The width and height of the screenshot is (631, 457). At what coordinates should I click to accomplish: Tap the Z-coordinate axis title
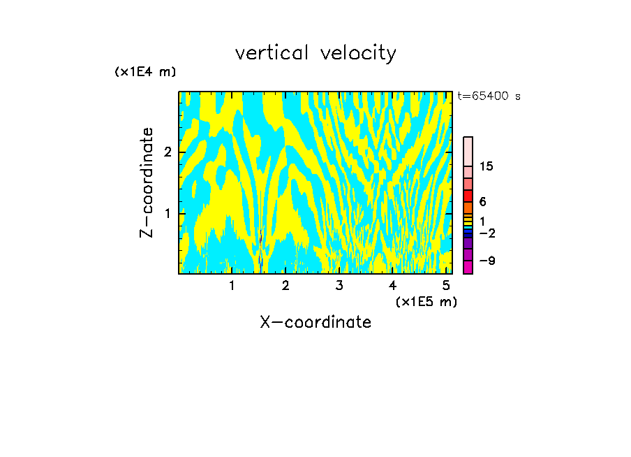(x=147, y=182)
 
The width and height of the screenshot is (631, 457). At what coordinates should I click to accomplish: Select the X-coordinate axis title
(x=315, y=322)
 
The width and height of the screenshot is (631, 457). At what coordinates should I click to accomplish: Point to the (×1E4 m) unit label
(x=145, y=72)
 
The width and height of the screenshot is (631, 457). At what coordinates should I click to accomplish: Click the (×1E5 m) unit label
(x=426, y=301)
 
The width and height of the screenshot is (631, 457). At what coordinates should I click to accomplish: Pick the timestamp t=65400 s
(x=489, y=96)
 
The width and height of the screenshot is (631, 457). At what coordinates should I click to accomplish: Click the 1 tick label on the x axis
(x=232, y=285)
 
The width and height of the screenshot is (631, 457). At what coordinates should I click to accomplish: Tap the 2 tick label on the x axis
(x=285, y=285)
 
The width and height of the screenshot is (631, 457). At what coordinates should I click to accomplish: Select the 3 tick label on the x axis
(x=339, y=285)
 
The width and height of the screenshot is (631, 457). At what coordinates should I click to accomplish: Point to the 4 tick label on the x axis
(x=392, y=285)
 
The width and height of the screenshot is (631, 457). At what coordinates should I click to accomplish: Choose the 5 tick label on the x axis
(x=446, y=285)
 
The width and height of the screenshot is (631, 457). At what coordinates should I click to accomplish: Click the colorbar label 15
(x=487, y=166)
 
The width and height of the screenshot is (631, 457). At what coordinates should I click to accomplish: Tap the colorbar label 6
(x=483, y=201)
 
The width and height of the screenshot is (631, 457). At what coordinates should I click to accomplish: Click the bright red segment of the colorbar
(x=468, y=196)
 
